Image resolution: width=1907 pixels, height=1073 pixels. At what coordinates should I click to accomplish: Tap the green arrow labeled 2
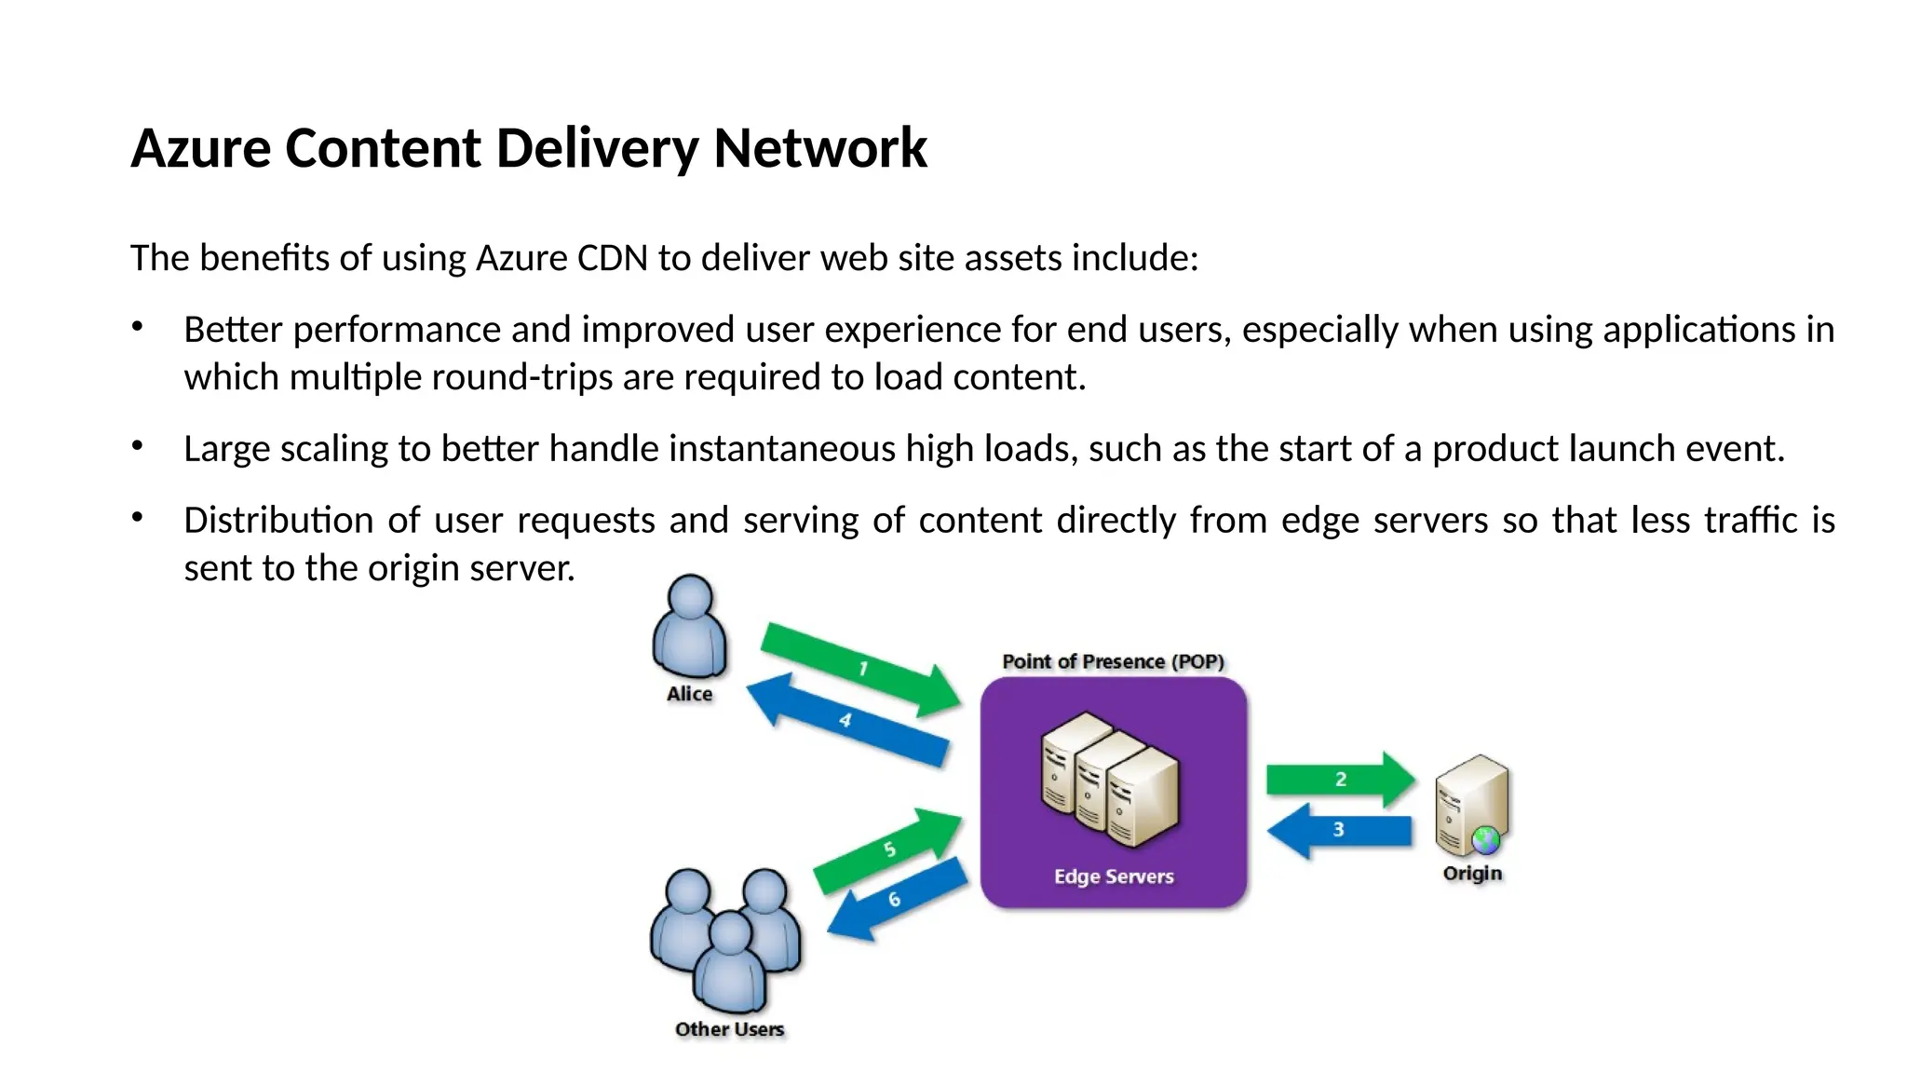tap(1340, 779)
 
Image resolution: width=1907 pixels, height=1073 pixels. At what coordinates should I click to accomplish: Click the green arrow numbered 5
tap(889, 849)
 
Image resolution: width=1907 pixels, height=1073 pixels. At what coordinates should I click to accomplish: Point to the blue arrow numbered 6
tap(894, 899)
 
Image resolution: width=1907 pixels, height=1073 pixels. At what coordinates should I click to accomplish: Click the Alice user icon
tap(689, 626)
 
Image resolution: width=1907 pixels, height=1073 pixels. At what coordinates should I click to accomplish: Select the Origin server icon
tap(1471, 806)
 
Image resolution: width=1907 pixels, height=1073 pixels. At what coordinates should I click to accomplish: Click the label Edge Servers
tap(1114, 876)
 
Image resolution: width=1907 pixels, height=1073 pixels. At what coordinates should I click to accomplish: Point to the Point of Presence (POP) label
tap(1113, 661)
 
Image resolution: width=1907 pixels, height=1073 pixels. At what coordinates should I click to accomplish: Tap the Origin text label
tap(1472, 874)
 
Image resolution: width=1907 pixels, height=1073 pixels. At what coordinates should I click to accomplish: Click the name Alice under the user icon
tap(689, 694)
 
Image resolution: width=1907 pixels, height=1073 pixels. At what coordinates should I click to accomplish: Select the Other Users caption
tap(729, 1029)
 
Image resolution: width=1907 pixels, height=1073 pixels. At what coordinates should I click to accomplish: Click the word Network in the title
tap(819, 148)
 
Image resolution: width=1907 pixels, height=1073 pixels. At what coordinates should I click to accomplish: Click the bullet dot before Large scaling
tap(137, 446)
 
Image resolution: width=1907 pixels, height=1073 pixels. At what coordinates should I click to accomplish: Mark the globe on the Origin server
tap(1485, 840)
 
